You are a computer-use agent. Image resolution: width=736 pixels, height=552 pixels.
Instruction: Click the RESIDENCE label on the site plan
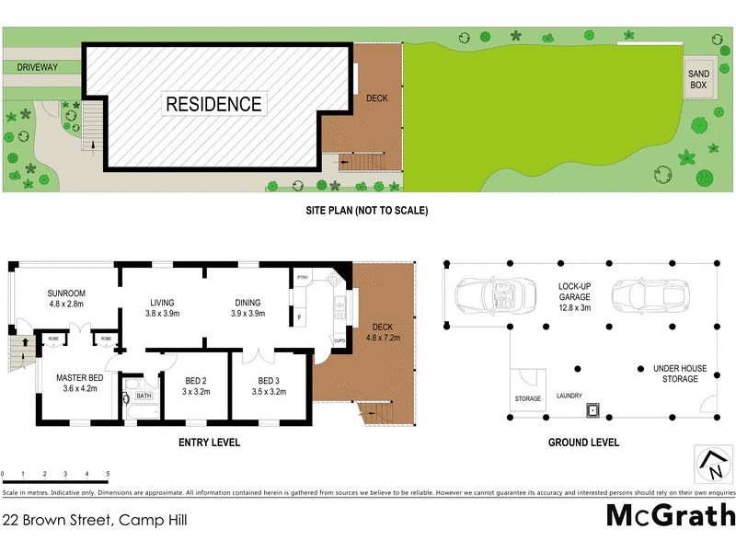pos(213,104)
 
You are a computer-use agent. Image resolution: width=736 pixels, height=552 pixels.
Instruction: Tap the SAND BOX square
pos(700,79)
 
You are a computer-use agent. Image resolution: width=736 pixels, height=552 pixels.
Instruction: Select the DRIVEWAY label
pos(38,68)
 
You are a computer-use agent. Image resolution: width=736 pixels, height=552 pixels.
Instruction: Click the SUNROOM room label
pos(65,293)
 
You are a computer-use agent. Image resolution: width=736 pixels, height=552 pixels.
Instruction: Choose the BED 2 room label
pos(195,381)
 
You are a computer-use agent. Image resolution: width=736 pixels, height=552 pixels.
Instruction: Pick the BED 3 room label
pos(268,381)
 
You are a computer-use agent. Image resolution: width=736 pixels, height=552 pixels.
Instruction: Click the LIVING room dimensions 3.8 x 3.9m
pos(162,315)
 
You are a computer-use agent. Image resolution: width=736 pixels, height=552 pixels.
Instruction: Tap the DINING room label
pos(247,303)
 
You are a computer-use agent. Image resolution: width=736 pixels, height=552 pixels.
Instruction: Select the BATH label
pos(144,397)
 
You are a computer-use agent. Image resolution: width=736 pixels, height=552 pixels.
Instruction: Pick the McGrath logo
pos(671,515)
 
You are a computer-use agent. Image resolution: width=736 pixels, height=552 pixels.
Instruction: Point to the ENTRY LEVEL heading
pos(209,443)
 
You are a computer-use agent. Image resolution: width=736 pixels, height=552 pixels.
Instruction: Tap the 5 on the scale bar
pos(108,475)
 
